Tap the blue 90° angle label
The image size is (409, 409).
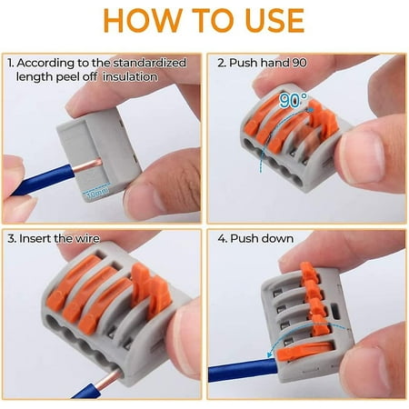(293, 99)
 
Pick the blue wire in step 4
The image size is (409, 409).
(232, 373)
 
